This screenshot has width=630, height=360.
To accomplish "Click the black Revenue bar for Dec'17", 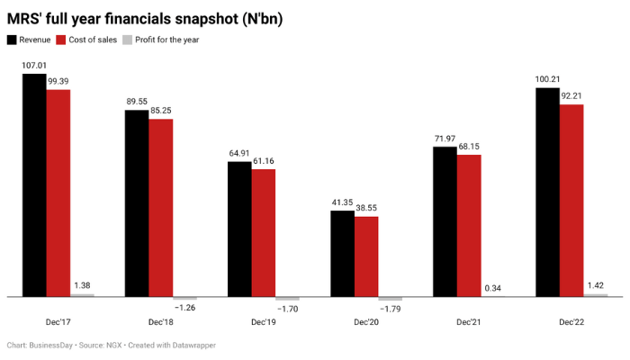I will click(x=34, y=184).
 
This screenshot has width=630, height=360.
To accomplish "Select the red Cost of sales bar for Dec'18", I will click(x=161, y=207).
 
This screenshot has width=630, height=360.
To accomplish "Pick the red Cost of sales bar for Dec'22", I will click(x=571, y=200).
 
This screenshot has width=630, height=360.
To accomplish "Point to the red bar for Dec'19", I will click(x=264, y=232).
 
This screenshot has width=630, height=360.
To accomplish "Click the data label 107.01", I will click(x=34, y=66).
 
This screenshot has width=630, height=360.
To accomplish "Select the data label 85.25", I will click(x=161, y=111).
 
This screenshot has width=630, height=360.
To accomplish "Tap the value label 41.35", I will click(x=342, y=202).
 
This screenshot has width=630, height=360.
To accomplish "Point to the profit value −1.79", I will click(x=391, y=310).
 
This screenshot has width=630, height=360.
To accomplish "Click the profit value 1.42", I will click(x=596, y=285).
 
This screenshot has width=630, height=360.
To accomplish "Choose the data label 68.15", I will click(x=469, y=147).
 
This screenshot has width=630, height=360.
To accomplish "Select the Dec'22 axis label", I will click(x=571, y=321).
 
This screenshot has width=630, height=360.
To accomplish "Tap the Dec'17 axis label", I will click(x=58, y=321).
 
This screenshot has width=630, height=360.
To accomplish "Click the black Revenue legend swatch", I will click(x=12, y=40).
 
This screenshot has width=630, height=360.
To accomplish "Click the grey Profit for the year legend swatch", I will click(x=127, y=40).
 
